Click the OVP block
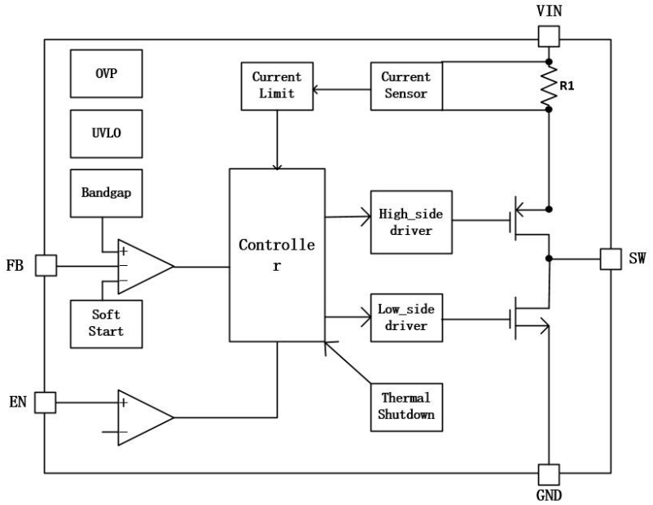[x=106, y=74]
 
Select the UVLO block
[x=106, y=133]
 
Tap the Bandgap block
[x=106, y=193]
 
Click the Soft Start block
[x=106, y=324]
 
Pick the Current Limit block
[x=277, y=86]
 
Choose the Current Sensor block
[x=406, y=86]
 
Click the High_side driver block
[x=411, y=222]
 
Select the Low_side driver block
[x=406, y=318]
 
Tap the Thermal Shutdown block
[x=406, y=407]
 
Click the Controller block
[x=277, y=255]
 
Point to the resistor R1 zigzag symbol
[x=549, y=85]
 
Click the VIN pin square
[x=549, y=37]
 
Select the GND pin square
[x=549, y=475]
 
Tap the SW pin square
[x=611, y=259]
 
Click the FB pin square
[x=46, y=265]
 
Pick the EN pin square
[x=45, y=403]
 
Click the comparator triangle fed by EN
[x=146, y=418]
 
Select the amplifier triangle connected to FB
[x=146, y=267]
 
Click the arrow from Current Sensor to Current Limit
[x=341, y=89]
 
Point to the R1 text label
[x=567, y=86]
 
